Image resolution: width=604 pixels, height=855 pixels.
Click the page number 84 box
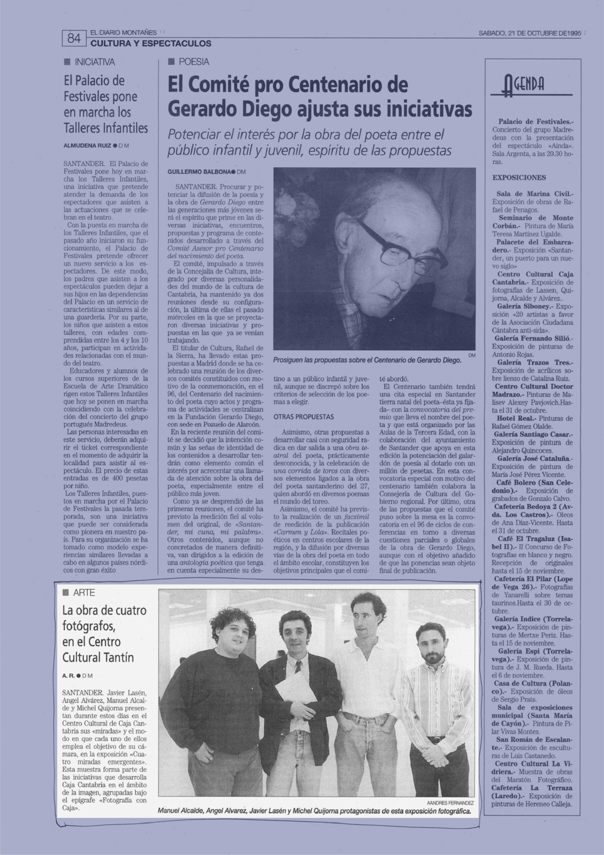coord(74,38)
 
